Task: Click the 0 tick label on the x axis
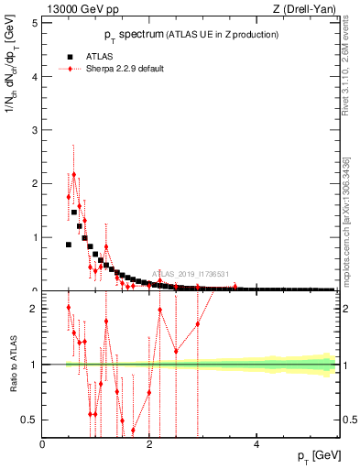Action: click(43, 445)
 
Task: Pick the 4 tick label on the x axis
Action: click(256, 445)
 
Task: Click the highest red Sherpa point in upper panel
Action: click(74, 174)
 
